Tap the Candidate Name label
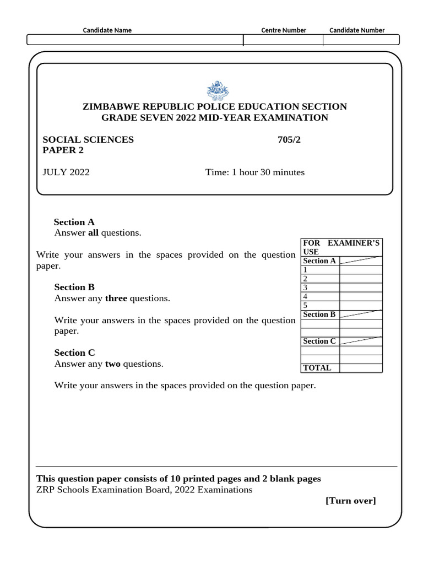(107, 30)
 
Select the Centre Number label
(284, 30)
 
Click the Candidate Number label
(357, 30)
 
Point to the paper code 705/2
(290, 139)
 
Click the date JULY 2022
(66, 172)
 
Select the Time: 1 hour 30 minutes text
(255, 172)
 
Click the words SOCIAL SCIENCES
(88, 139)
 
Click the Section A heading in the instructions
(74, 222)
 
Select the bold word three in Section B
(116, 298)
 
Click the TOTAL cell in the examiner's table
(317, 368)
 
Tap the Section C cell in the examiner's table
(319, 341)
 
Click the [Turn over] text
(351, 500)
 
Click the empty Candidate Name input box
(135, 40)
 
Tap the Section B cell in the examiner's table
(319, 314)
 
